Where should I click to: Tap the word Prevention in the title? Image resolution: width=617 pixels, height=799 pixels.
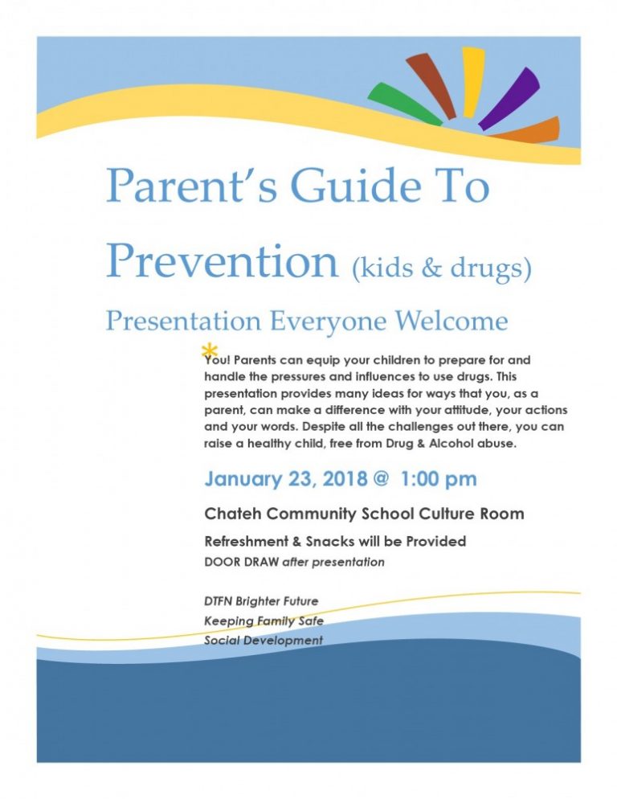222,260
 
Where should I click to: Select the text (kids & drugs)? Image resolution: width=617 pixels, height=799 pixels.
442,268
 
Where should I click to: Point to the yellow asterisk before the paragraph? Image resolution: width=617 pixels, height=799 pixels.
209,350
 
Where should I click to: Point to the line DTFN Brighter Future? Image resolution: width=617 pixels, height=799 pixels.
261,600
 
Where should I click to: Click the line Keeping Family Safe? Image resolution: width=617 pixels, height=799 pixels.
264,621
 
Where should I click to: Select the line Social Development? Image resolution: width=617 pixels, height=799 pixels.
264,641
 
